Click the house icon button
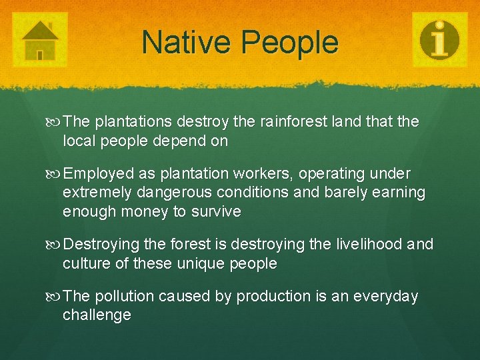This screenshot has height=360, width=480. coord(41,39)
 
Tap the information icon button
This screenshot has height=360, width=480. coord(439,39)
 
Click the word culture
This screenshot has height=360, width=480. coord(86,263)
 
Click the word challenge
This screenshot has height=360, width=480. coord(97,315)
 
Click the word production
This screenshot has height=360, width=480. coord(273,296)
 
